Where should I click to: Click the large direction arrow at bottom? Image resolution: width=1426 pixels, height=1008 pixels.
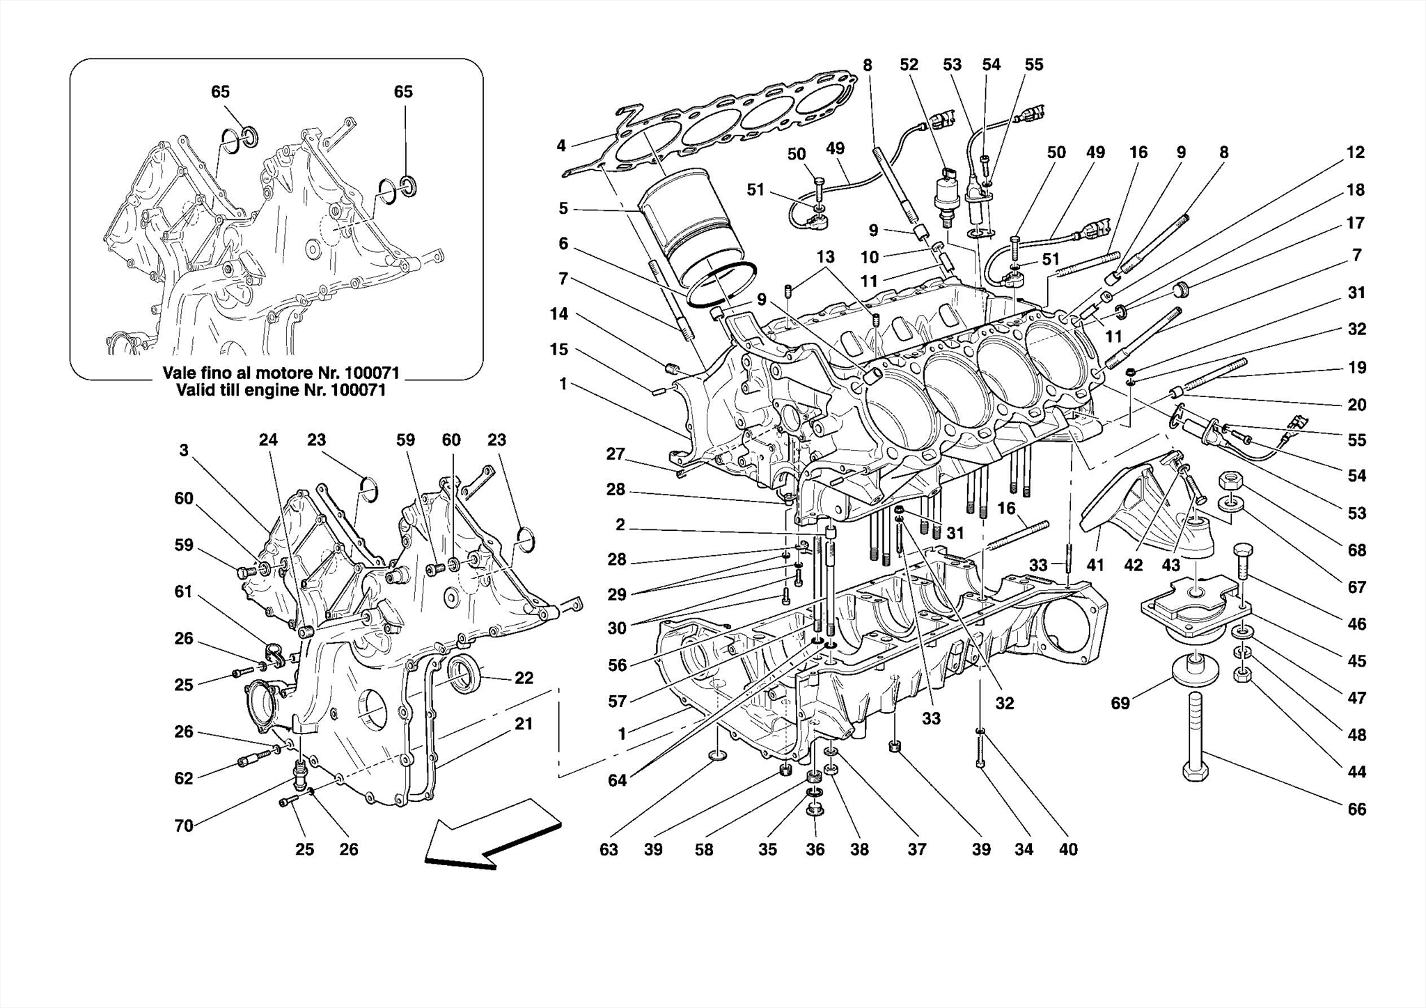point(491,836)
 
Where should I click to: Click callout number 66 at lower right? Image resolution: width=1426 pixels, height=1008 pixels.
point(1356,809)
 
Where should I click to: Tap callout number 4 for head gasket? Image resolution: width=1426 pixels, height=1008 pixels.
point(561,146)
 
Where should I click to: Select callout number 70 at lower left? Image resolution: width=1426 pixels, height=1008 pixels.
point(183,825)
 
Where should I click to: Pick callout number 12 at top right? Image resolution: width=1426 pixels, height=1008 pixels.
point(1355,152)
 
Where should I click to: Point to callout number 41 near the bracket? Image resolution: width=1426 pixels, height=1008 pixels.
point(1095,565)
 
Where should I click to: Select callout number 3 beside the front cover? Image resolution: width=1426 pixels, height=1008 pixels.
point(183,451)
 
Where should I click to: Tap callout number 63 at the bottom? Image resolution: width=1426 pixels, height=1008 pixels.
point(608,849)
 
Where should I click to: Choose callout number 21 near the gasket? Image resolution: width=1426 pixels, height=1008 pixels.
point(524,724)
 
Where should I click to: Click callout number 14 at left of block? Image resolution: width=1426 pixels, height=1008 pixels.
point(558,313)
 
